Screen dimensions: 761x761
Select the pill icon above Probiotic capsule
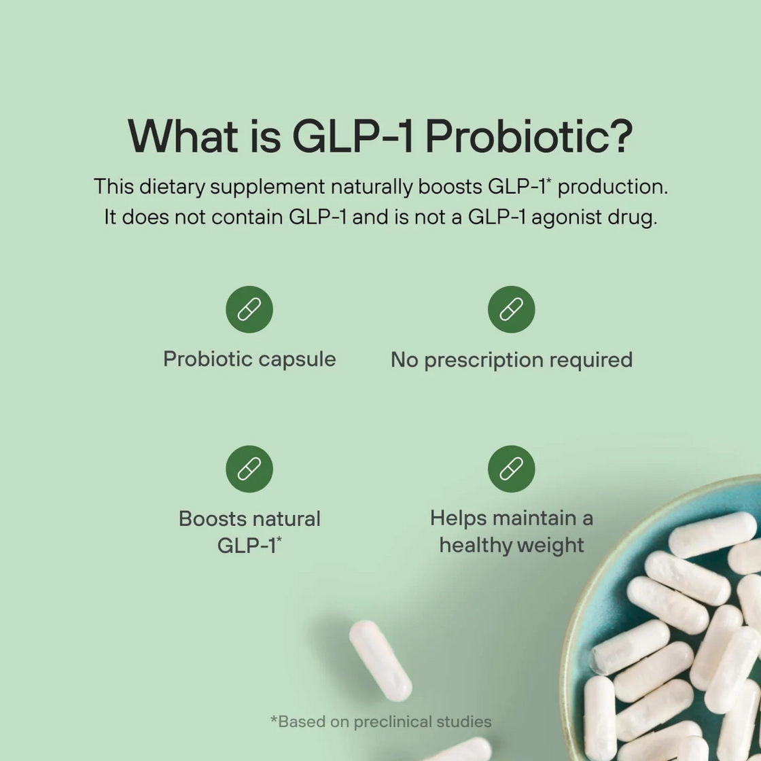point(249,309)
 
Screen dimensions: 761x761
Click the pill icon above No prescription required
point(511,309)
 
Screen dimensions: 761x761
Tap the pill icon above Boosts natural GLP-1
point(249,469)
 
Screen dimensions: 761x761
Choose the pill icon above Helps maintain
point(511,469)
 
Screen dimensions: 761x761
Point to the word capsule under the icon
point(300,359)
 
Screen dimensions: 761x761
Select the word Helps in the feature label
point(458,518)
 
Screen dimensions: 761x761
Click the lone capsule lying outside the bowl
point(380,660)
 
